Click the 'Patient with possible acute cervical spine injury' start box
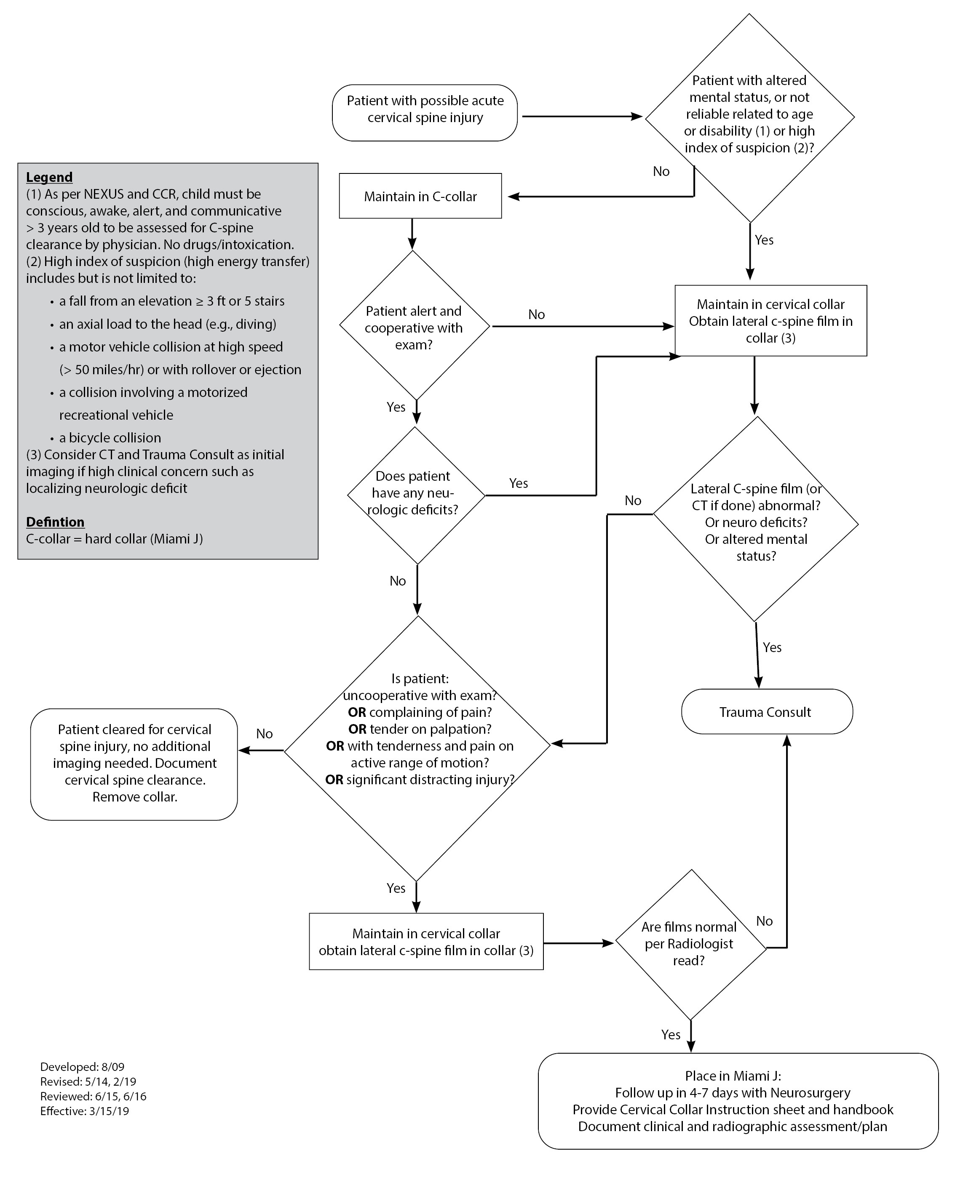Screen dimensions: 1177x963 coord(425,112)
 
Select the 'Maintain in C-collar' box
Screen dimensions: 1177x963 coord(420,196)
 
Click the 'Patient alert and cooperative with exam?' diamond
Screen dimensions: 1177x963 coord(414,327)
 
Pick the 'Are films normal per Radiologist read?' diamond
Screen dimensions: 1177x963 coord(690,944)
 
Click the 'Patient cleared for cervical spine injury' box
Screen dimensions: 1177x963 coord(134,763)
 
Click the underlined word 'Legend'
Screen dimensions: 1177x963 coord(49,177)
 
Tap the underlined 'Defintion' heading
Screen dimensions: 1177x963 coord(56,522)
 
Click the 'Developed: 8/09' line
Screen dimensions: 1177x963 coord(82,1066)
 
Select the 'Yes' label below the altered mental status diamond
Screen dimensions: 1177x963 coord(764,240)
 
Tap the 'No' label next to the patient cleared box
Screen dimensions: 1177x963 coord(265,733)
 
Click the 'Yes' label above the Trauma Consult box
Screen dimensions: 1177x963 coord(772,647)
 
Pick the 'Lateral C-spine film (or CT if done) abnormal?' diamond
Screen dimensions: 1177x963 coord(756,522)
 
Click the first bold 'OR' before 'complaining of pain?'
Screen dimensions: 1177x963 coord(357,712)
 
